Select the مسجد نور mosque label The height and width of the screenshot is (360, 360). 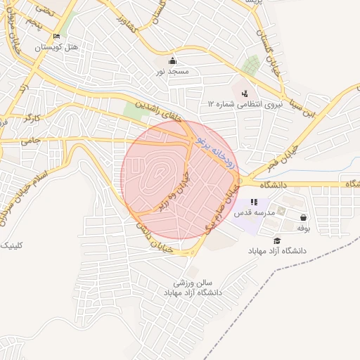click(x=172, y=72)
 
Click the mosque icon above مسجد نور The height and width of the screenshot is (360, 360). click(x=172, y=60)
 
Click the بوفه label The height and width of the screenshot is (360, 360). click(x=303, y=229)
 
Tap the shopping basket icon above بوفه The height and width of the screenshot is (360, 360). click(x=303, y=218)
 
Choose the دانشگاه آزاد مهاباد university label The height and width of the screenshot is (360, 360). click(x=277, y=251)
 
